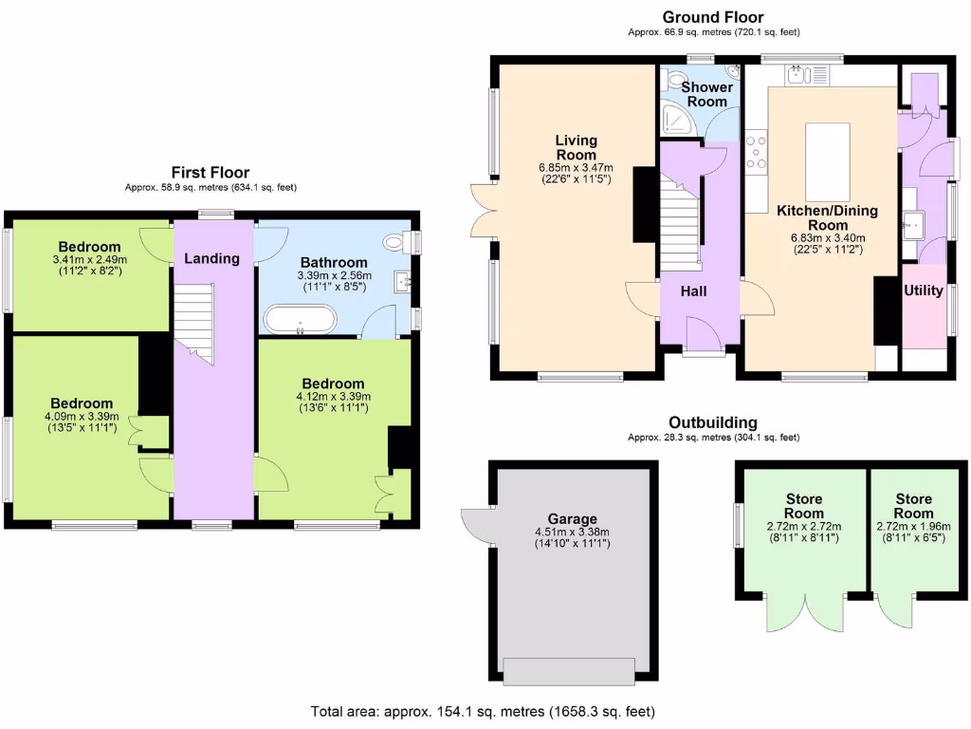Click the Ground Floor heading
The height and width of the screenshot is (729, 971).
pyautogui.click(x=712, y=17)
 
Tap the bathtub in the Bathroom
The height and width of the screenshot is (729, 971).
pyautogui.click(x=299, y=319)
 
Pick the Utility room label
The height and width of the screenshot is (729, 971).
pyautogui.click(x=923, y=290)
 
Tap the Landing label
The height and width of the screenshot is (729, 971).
pyautogui.click(x=211, y=258)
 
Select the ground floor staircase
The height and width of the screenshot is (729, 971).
pyautogui.click(x=680, y=229)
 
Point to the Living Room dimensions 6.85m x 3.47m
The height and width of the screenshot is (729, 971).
pyautogui.click(x=576, y=168)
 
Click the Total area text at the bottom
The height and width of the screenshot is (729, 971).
pyautogui.click(x=482, y=711)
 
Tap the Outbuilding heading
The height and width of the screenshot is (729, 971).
pyautogui.click(x=712, y=423)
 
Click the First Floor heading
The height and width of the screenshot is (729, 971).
pyautogui.click(x=210, y=172)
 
